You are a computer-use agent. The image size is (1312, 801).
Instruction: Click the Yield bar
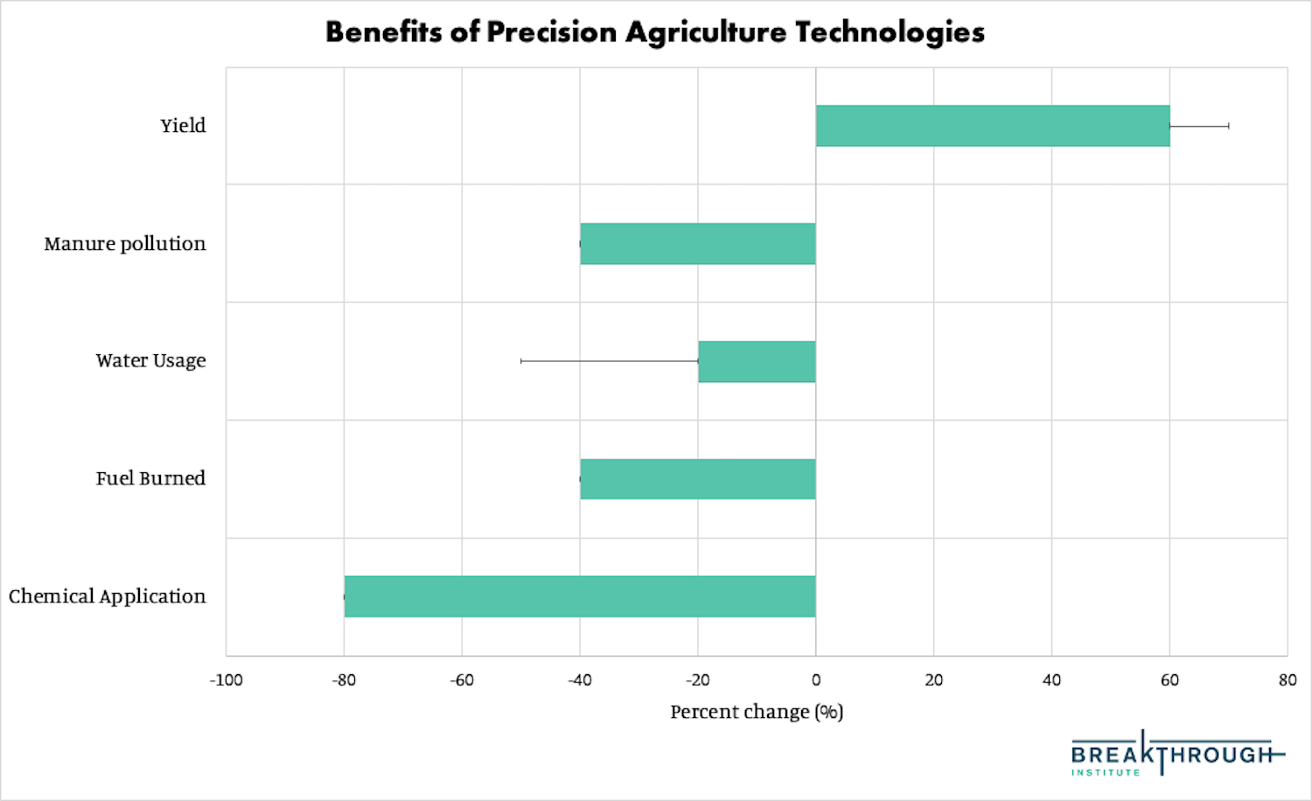coord(993,126)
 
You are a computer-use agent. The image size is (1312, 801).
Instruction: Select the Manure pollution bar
coord(698,244)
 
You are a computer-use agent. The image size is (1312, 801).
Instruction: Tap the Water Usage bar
coord(757,361)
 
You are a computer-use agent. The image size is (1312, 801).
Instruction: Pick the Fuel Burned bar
coord(698,479)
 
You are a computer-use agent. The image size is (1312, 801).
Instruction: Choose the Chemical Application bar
coord(580,596)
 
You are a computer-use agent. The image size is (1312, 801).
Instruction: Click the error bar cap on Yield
coord(1228,126)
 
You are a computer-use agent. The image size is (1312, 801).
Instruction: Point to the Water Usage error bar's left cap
coord(521,361)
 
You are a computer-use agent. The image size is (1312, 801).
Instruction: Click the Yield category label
coord(183,126)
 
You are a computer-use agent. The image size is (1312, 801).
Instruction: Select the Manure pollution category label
coord(125,244)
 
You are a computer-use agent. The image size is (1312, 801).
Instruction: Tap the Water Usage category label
coord(150,361)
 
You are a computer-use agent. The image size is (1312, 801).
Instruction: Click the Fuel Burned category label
coord(150,479)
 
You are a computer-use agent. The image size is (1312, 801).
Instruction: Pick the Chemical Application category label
coord(108,596)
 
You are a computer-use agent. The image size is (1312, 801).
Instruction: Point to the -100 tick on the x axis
coord(226,680)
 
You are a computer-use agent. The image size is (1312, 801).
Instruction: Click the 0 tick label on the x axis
coord(816,680)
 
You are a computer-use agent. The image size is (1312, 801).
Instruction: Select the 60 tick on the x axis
coord(1169,680)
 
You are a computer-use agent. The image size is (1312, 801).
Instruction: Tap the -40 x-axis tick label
coord(579,680)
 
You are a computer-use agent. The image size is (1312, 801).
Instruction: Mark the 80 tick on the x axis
coord(1287,680)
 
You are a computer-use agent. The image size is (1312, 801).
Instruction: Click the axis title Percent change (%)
coord(757,713)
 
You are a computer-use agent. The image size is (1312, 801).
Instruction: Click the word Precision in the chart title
coord(552,32)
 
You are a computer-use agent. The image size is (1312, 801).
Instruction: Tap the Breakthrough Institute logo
coord(1176,755)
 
